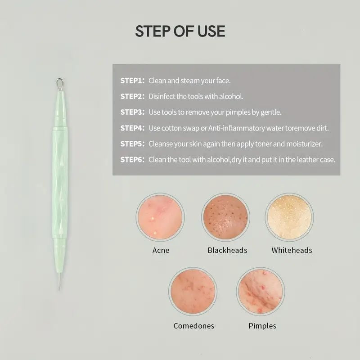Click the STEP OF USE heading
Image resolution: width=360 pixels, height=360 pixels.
coord(180,31)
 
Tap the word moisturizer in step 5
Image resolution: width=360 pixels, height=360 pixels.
coord(304,144)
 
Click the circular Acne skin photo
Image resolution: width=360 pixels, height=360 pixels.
coord(160,217)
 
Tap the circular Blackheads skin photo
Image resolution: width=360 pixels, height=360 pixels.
coord(226,217)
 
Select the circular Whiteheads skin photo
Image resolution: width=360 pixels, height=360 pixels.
coord(289,217)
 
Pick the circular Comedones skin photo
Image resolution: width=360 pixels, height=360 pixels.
coord(193,291)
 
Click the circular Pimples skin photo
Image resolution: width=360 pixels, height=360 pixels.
coord(261,291)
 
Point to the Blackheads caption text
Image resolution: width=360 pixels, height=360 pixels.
coord(227,250)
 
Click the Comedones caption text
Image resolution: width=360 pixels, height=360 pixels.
coord(194,326)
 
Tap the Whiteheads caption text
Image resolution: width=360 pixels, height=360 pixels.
coord(292,250)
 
